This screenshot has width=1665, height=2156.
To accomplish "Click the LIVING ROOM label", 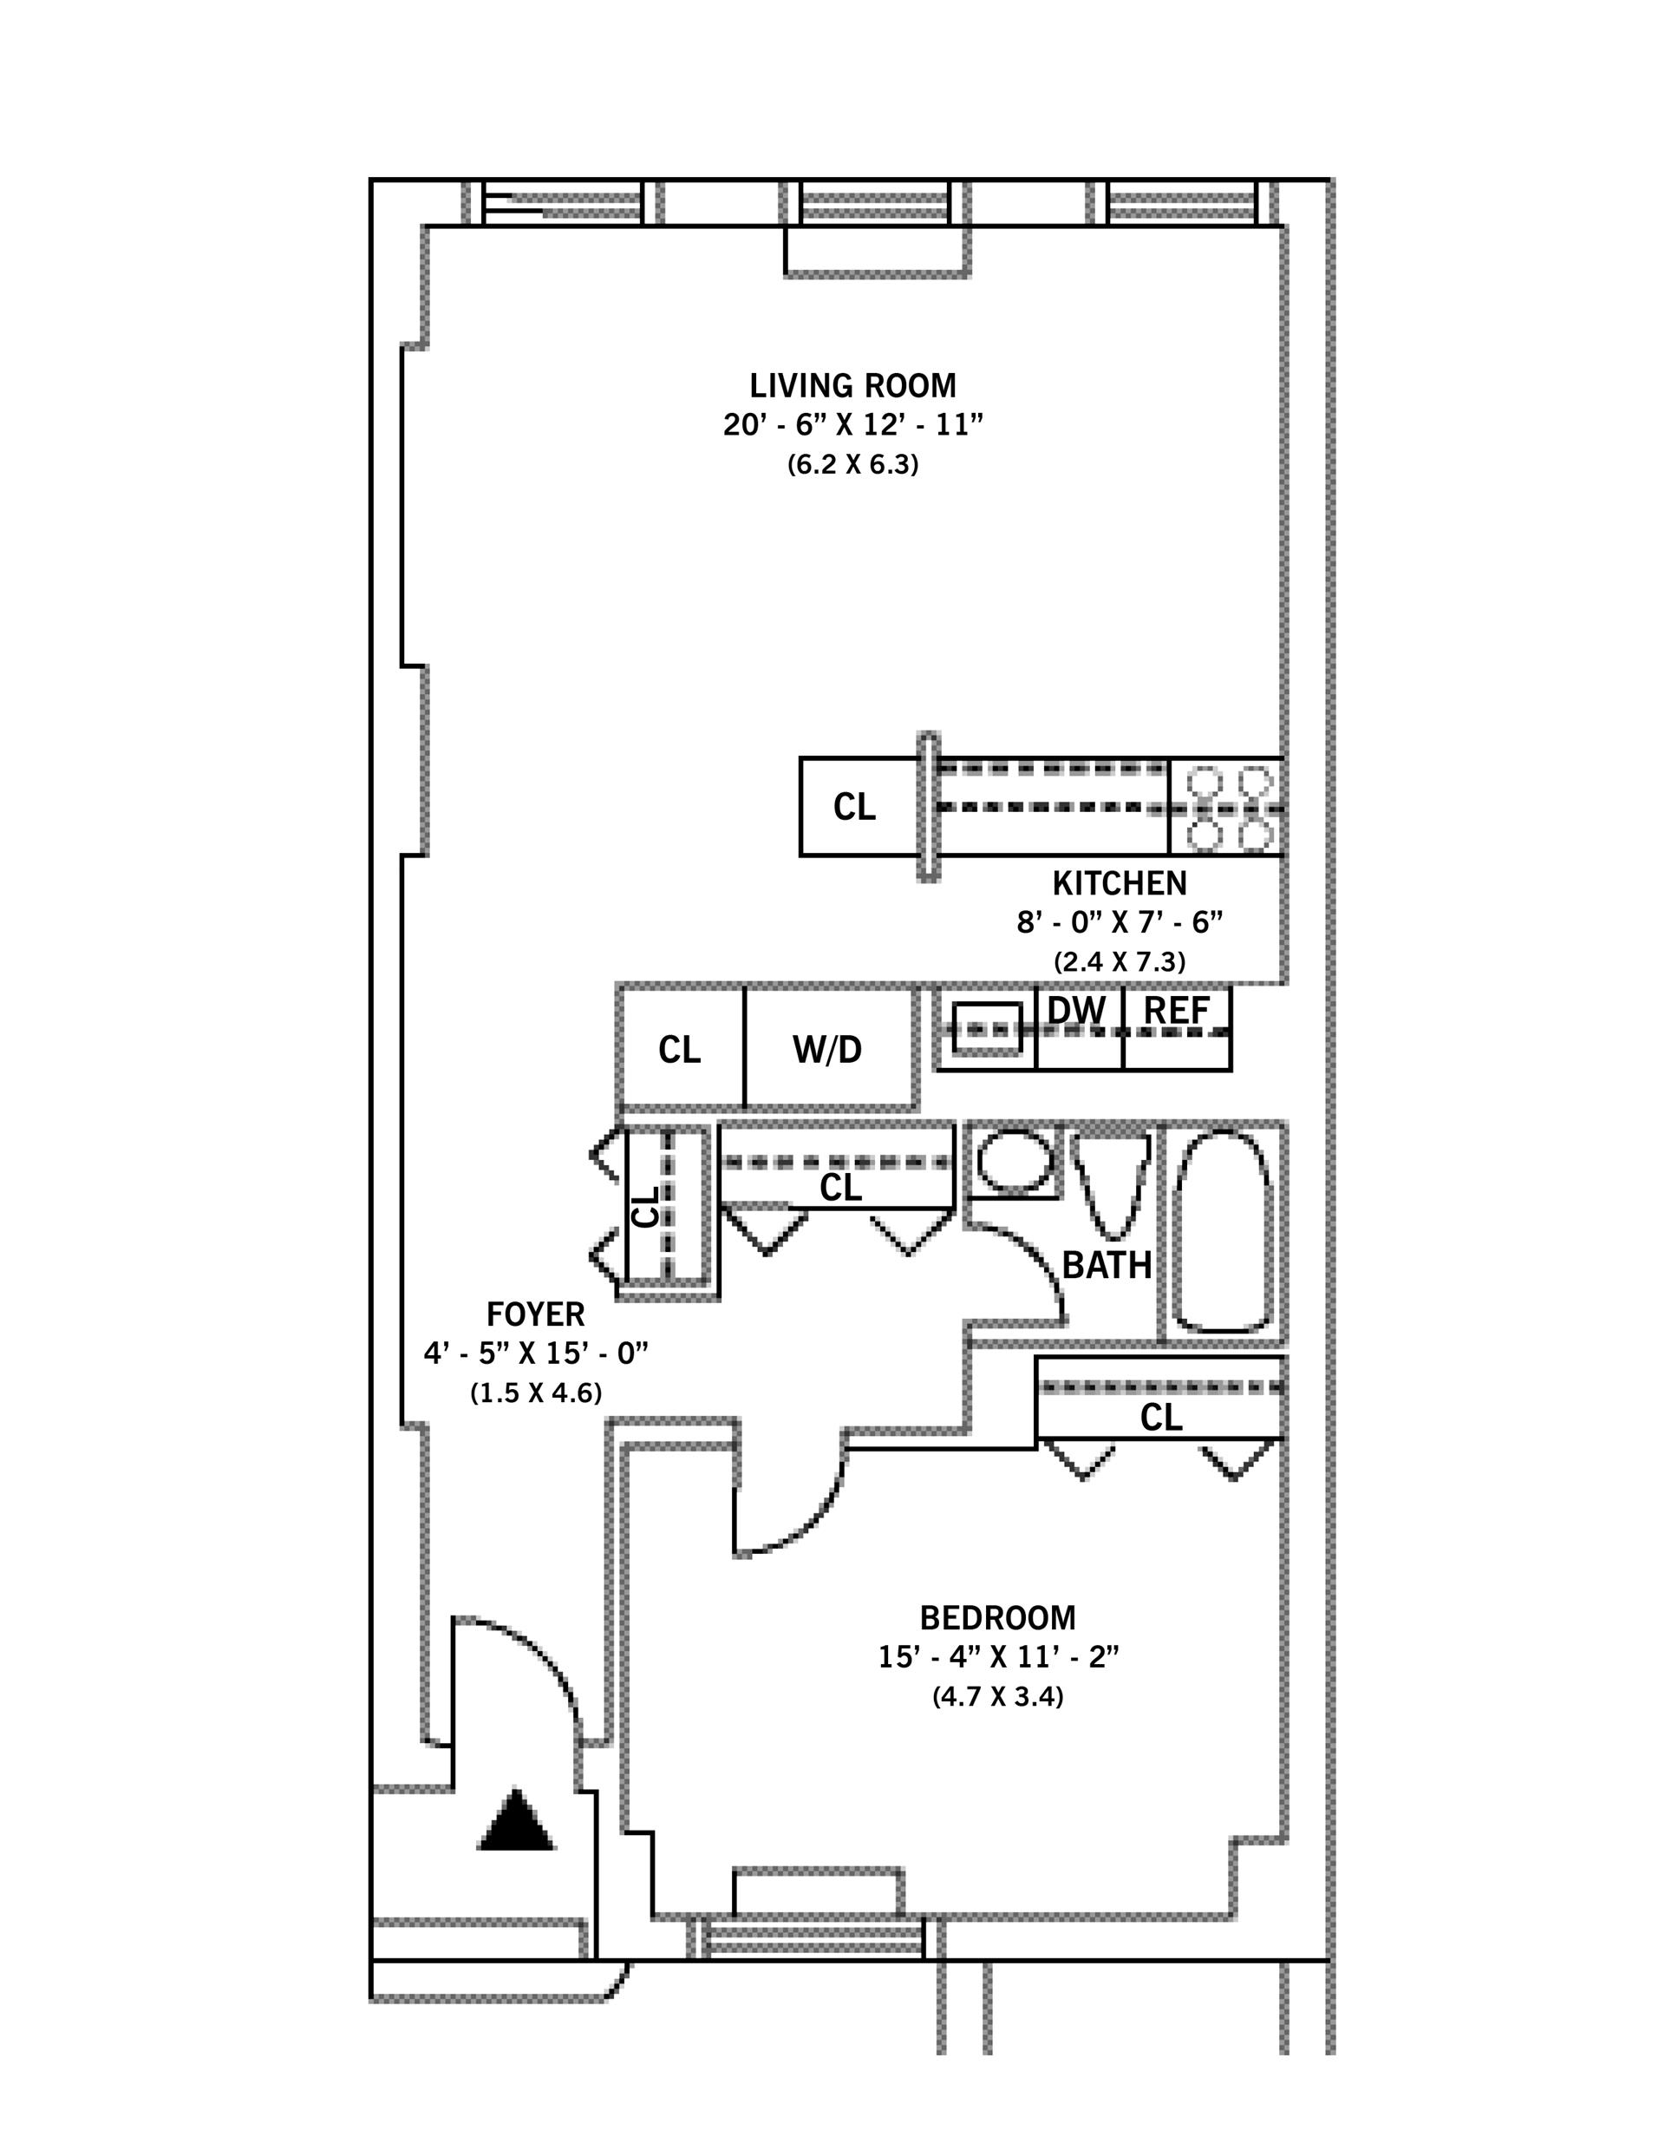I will pyautogui.click(x=852, y=385).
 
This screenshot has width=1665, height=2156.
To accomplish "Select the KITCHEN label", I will pyautogui.click(x=1120, y=882).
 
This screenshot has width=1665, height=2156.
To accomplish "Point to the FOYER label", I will pyautogui.click(x=535, y=1314).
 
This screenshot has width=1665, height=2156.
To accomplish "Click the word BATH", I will pyautogui.click(x=1107, y=1265).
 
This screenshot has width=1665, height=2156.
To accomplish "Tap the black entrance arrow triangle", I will pyautogui.click(x=516, y=1819).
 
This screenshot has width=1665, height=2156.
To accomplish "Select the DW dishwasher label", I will pyautogui.click(x=1076, y=1010).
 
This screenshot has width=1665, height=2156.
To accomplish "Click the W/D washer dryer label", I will pyautogui.click(x=827, y=1051).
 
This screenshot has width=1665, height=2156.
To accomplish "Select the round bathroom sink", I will pyautogui.click(x=1014, y=1162).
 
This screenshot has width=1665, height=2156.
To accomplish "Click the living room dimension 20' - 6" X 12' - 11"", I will pyautogui.click(x=852, y=425).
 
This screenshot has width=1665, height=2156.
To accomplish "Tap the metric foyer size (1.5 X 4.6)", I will pyautogui.click(x=535, y=1393).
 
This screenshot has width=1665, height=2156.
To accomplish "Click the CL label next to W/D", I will pyautogui.click(x=679, y=1051).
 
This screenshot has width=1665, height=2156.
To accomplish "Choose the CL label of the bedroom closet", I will pyautogui.click(x=1160, y=1418).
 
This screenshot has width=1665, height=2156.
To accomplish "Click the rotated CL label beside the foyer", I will pyautogui.click(x=645, y=1206).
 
